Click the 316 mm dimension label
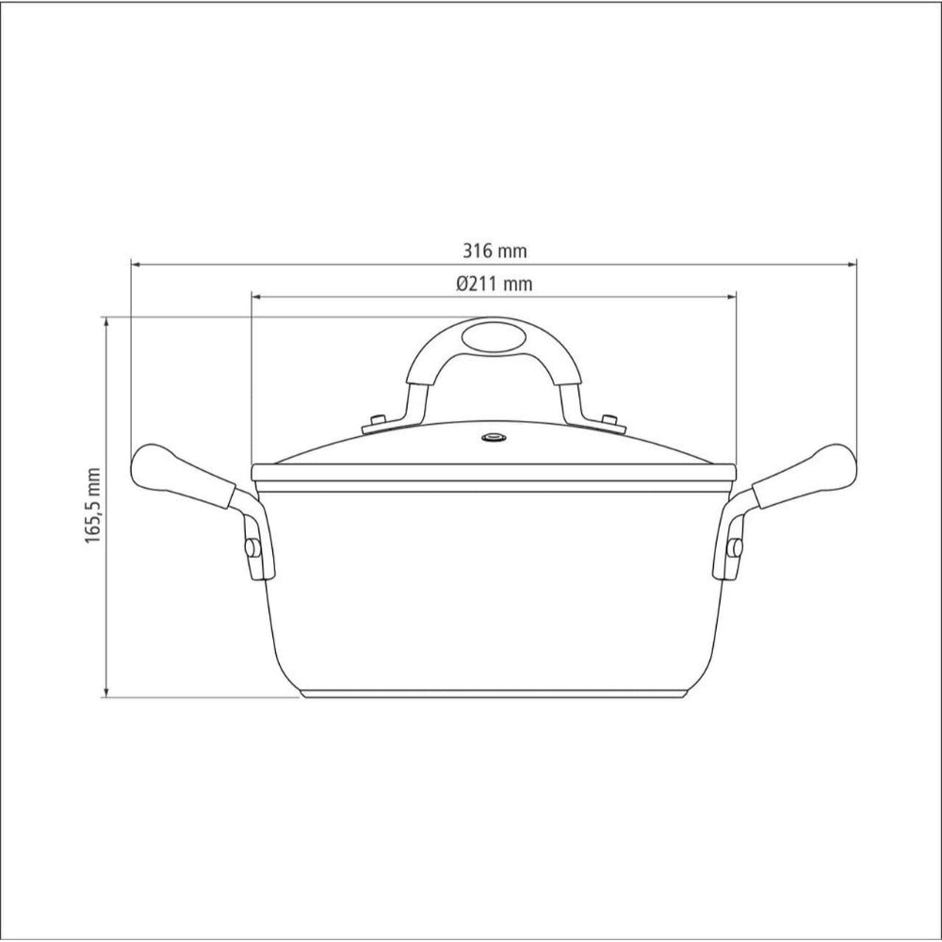click(x=494, y=251)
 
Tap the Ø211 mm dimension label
click(x=494, y=283)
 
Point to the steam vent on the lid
click(x=493, y=437)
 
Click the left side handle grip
click(x=179, y=475)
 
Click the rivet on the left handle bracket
click(x=251, y=547)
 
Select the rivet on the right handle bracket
click(x=737, y=547)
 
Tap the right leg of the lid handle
click(x=571, y=400)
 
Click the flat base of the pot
click(x=493, y=695)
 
